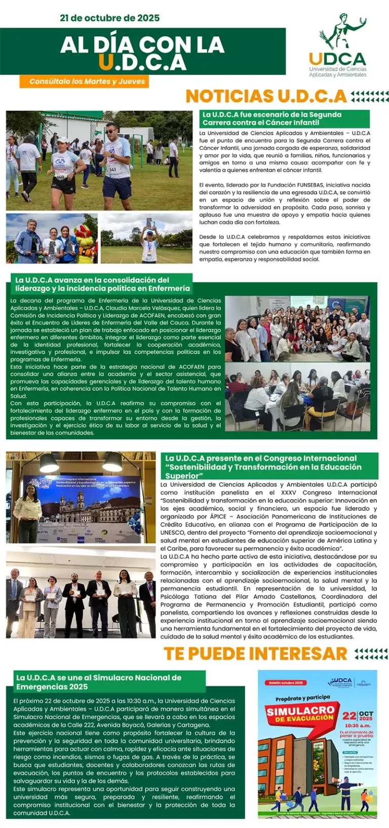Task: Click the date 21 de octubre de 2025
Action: point(109,18)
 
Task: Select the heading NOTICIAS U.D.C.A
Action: point(266,96)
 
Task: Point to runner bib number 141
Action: point(113,169)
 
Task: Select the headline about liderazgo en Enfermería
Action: point(102,284)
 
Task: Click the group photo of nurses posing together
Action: point(297,329)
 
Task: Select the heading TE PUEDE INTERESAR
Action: point(255,654)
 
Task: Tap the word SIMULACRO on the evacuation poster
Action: point(301,711)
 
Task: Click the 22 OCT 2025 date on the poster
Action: point(358,717)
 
